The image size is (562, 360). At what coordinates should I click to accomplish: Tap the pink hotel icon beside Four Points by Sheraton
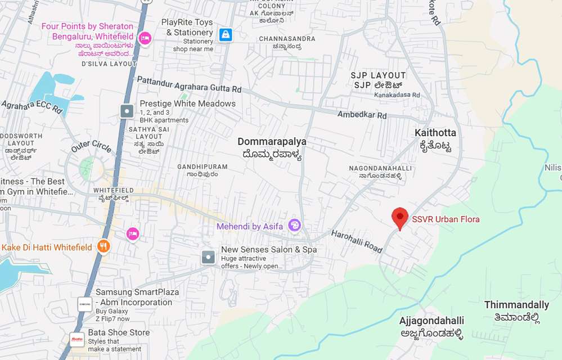pyautogui.click(x=145, y=38)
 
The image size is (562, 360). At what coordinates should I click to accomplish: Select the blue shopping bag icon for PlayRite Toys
pyautogui.click(x=226, y=35)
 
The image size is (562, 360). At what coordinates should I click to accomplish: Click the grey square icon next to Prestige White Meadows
pyautogui.click(x=128, y=111)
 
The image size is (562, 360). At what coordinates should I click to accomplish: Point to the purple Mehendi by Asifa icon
pyautogui.click(x=294, y=226)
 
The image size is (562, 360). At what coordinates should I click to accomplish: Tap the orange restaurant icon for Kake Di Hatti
pyautogui.click(x=103, y=246)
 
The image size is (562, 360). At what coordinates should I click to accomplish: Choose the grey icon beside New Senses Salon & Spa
pyautogui.click(x=209, y=258)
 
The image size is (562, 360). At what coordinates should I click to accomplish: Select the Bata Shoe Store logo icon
pyautogui.click(x=77, y=339)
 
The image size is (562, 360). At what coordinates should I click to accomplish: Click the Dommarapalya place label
pyautogui.click(x=272, y=142)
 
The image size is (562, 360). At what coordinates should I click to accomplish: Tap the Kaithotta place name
pyautogui.click(x=435, y=133)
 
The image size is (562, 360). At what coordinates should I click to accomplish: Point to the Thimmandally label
pyautogui.click(x=516, y=305)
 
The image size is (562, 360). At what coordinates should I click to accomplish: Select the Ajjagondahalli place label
pyautogui.click(x=431, y=321)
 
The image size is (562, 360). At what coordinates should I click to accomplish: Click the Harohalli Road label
pyautogui.click(x=356, y=241)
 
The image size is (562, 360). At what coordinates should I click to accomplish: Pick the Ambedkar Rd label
pyautogui.click(x=362, y=115)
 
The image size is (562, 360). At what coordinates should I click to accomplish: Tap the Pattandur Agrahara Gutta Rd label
pyautogui.click(x=189, y=84)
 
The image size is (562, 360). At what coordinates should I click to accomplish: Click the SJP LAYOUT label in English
pyautogui.click(x=378, y=75)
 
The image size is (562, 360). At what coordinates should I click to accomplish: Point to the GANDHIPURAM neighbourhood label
pyautogui.click(x=202, y=167)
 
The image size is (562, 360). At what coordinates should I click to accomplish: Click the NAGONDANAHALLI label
pyautogui.click(x=380, y=168)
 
